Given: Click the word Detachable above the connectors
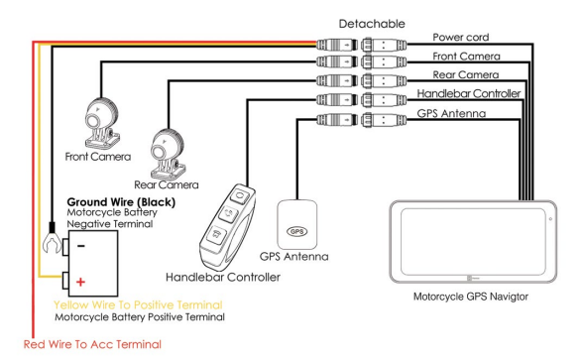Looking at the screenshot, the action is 372,24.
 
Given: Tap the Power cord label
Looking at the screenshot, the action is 461,38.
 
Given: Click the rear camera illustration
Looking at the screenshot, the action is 168,154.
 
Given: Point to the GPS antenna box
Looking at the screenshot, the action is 297,224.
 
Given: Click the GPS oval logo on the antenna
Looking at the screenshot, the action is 297,231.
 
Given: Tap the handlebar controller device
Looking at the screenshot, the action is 228,226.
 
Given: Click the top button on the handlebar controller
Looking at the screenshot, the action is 240,195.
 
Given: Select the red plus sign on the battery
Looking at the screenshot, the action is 80,282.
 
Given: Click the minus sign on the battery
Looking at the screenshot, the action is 81,246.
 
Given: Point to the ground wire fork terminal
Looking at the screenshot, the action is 52,239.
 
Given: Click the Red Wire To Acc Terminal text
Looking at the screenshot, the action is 92,344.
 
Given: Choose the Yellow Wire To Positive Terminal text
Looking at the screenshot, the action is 138,304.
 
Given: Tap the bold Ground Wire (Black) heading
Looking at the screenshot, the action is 121,202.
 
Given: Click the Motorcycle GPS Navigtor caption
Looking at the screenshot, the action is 471,297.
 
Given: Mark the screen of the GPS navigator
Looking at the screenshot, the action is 473,242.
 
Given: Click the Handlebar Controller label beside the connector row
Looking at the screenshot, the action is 469,93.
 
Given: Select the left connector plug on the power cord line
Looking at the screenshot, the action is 337,45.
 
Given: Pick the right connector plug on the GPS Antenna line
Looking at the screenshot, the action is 384,120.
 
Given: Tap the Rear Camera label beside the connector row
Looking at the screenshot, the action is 466,75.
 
